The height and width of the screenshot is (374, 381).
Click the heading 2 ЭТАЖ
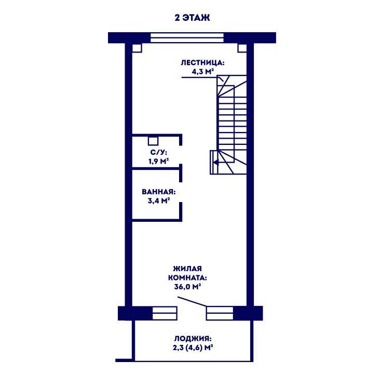coord(192,18)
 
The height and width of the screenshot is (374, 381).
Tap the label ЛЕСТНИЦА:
coord(202,63)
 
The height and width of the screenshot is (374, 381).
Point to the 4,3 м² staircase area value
coord(202,72)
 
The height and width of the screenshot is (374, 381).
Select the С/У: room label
coord(159,153)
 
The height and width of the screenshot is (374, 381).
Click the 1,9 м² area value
coord(159,161)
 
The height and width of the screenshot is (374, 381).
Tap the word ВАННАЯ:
coord(159,192)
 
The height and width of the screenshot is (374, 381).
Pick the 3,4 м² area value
coord(159,201)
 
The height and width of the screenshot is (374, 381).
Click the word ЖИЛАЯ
coord(187,269)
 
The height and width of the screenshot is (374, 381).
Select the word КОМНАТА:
coord(187,278)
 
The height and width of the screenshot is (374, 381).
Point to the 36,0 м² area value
coord(187,287)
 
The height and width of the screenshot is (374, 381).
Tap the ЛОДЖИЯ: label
coord(193,339)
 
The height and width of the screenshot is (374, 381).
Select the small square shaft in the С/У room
coord(153,141)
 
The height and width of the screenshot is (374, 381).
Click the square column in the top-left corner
coord(137,48)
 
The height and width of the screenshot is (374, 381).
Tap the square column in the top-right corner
coord(242,48)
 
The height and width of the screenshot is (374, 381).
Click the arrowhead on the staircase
coord(215,162)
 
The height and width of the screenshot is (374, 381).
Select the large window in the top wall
coord(187,38)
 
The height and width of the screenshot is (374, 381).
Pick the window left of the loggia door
coord(165,313)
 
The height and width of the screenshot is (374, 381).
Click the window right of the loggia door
coord(220,313)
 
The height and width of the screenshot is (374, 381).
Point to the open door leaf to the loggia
coord(192,301)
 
